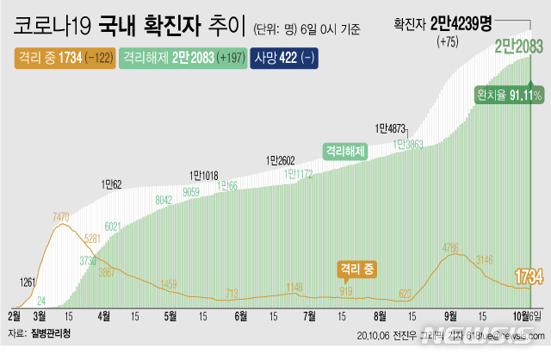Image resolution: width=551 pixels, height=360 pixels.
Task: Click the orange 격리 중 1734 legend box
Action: [x=61, y=58]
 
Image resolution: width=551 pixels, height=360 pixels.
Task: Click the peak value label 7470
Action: [x=60, y=218]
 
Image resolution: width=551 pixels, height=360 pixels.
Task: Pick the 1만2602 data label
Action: [x=282, y=159]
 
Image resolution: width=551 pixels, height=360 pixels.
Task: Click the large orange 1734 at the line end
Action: [x=528, y=276]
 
